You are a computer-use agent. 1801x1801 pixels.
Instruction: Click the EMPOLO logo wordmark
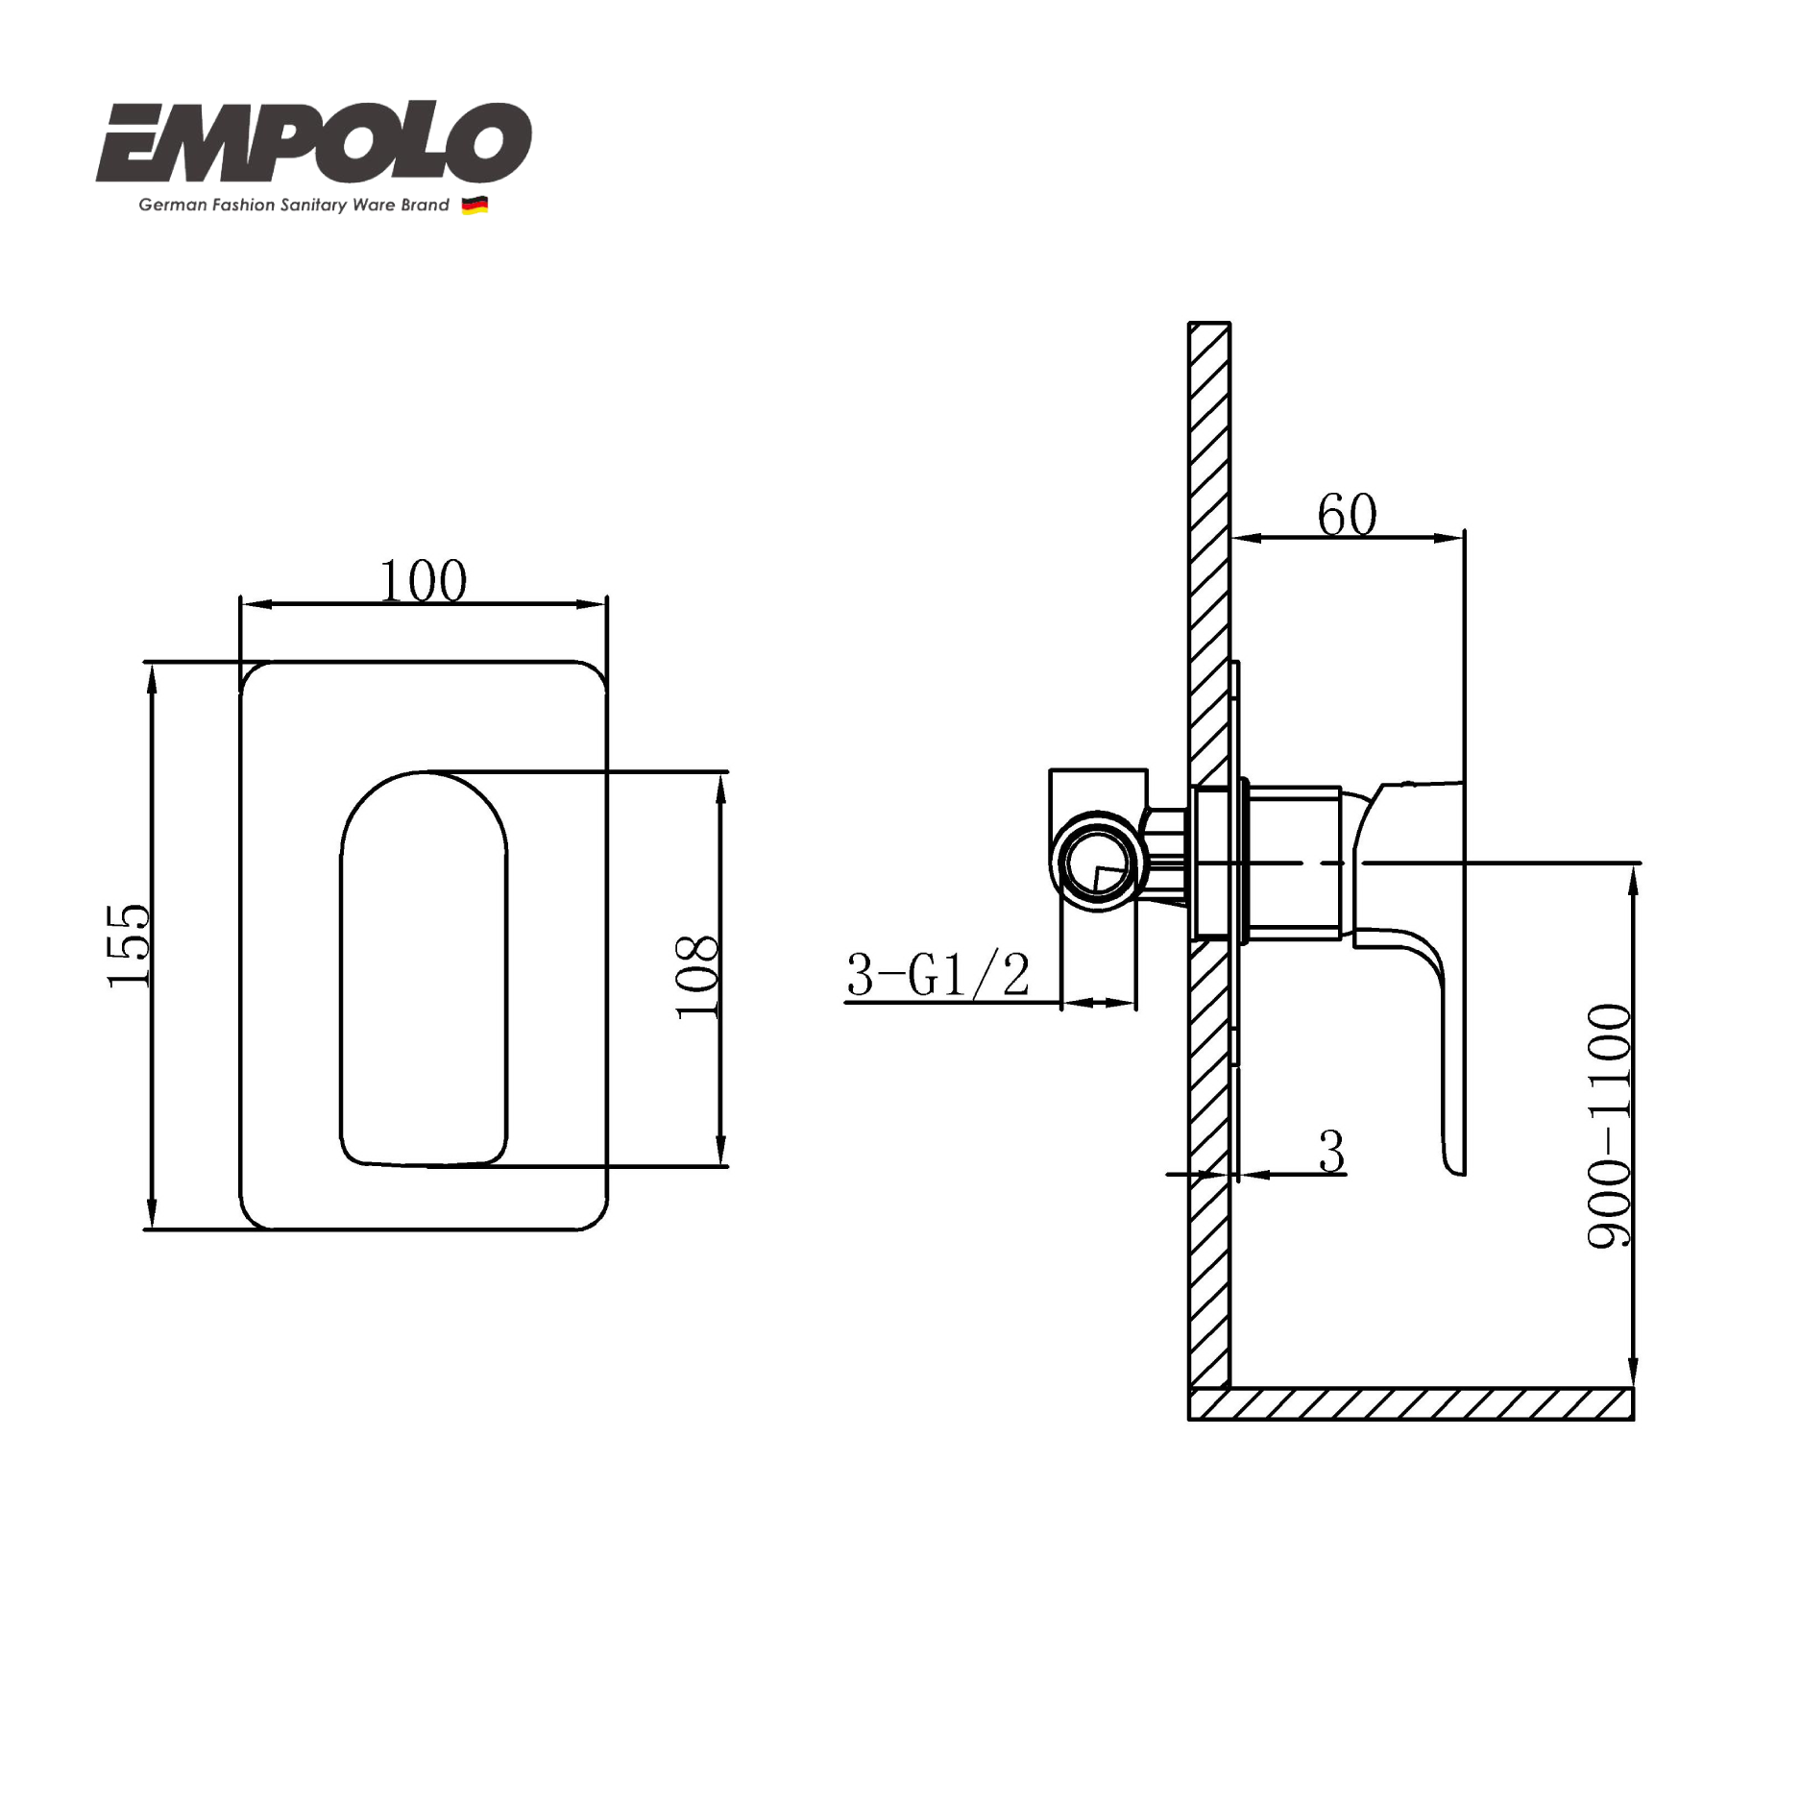pyautogui.click(x=313, y=143)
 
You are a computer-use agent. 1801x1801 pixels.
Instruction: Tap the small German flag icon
pyautogui.click(x=475, y=206)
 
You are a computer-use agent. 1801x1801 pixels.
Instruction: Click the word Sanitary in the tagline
pyautogui.click(x=313, y=206)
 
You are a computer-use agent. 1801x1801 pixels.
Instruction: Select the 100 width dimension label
pyautogui.click(x=424, y=581)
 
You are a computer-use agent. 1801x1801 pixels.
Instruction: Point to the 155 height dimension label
pyautogui.click(x=129, y=945)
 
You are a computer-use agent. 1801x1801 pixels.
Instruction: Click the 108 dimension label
pyautogui.click(x=696, y=976)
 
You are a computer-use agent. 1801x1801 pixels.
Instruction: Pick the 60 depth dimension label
pyautogui.click(x=1347, y=515)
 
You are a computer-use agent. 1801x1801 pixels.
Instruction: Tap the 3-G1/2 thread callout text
pyautogui.click(x=937, y=975)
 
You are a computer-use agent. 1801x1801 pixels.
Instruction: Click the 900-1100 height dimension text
pyautogui.click(x=1609, y=1126)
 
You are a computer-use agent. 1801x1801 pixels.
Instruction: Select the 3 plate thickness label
pyautogui.click(x=1331, y=1152)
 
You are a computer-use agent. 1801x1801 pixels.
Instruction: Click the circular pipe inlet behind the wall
pyautogui.click(x=1097, y=862)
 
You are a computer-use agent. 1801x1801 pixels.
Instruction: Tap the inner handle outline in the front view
pyautogui.click(x=424, y=970)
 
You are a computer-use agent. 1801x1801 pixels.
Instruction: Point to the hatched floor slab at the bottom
pyautogui.click(x=1411, y=1404)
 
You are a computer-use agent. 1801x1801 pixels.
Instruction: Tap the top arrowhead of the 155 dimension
pyautogui.click(x=151, y=676)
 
